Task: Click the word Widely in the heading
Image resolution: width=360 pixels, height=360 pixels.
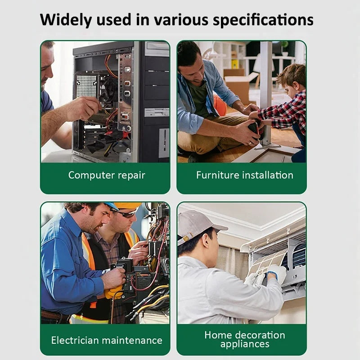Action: pos(66,20)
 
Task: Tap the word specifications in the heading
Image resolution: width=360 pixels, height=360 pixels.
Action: pos(263,20)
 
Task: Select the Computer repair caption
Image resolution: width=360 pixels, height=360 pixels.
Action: pos(107,175)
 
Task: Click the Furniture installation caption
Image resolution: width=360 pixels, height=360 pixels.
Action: pos(245,175)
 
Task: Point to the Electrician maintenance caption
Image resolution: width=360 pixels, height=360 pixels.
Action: pos(107,340)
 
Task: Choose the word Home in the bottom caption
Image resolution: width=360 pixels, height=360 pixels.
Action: pos(218,335)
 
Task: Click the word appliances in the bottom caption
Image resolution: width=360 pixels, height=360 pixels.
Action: pos(245,344)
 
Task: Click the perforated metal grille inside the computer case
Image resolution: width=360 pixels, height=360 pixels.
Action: pos(86,85)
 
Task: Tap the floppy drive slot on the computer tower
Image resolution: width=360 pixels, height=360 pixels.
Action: pos(157,112)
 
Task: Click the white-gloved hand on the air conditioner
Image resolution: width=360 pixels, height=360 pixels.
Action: pos(277,273)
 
